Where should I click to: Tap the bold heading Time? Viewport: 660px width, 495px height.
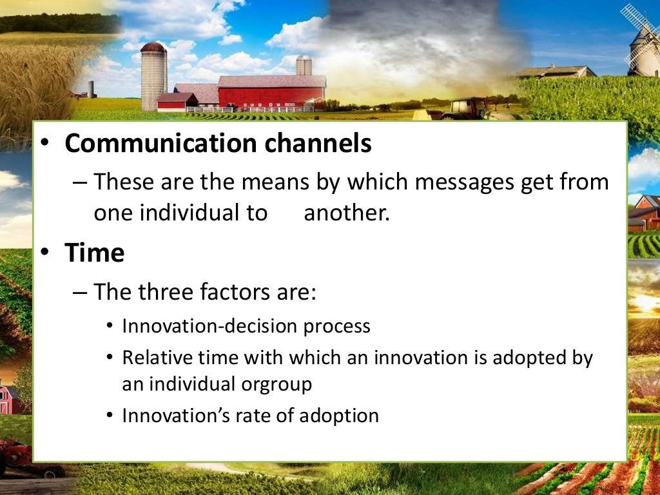[94, 253]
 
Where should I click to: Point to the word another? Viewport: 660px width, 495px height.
[347, 213]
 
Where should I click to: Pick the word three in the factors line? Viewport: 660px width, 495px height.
[171, 291]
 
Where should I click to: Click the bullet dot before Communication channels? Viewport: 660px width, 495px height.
[46, 143]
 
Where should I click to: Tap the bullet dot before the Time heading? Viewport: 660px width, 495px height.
[46, 253]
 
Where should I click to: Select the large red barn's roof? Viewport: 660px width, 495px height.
[271, 81]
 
